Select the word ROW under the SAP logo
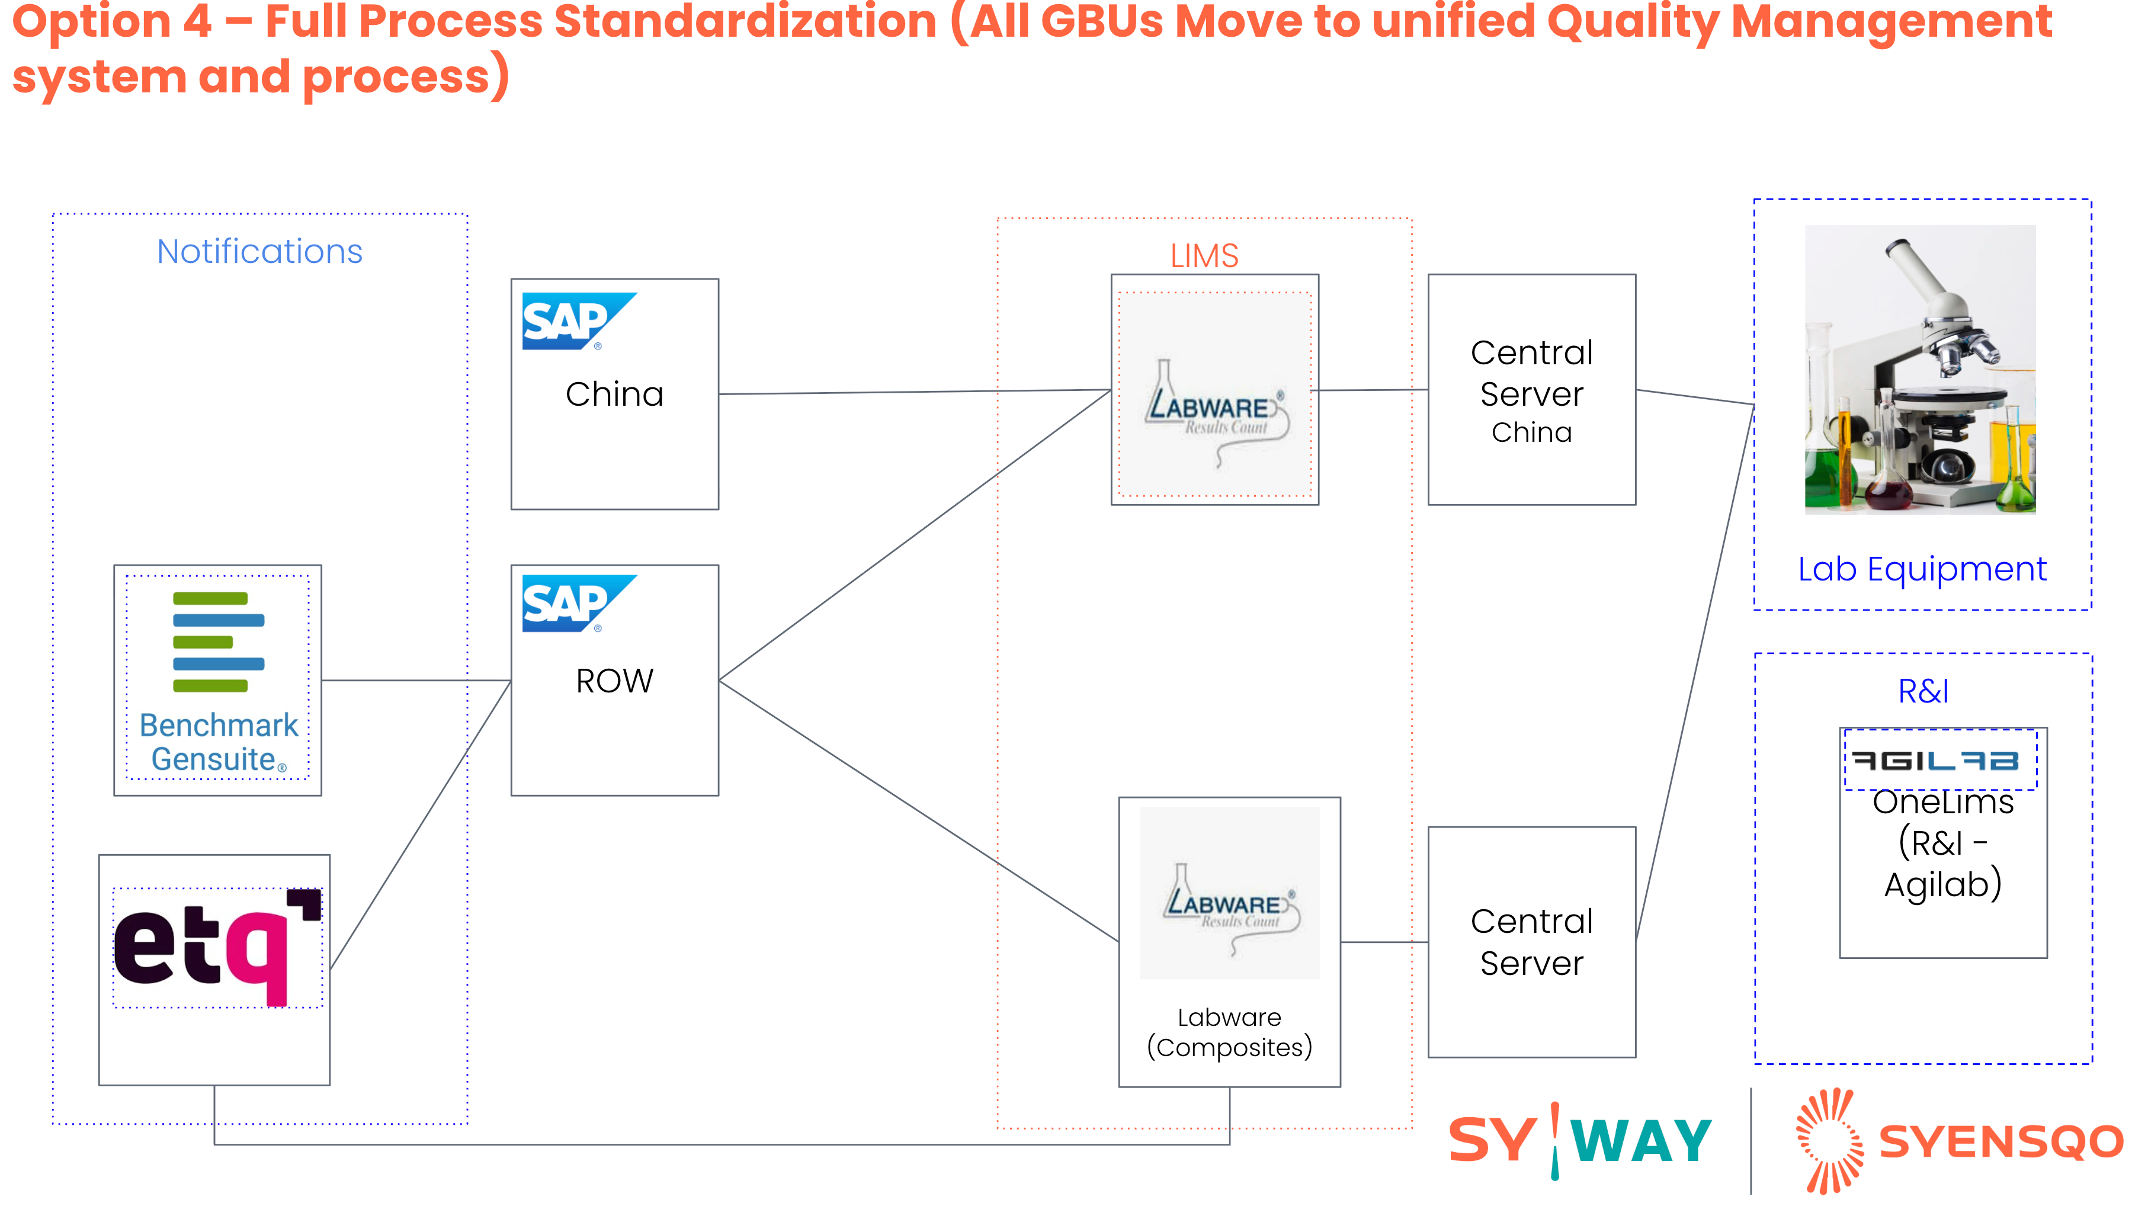[614, 681]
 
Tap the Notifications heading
[259, 251]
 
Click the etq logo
[217, 946]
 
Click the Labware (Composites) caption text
[1229, 1032]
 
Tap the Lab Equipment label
[1922, 569]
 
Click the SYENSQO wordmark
[2000, 1142]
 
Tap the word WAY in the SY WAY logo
[1641, 1142]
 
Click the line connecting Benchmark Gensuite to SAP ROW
[416, 680]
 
